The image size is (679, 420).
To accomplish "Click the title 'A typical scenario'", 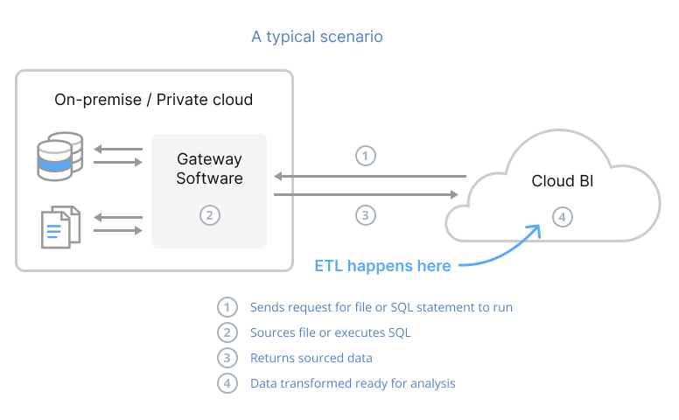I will [317, 37].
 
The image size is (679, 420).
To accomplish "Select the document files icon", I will [59, 226].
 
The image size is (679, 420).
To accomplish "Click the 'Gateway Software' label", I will [209, 169].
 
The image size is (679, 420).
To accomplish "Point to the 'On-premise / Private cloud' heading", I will [153, 100].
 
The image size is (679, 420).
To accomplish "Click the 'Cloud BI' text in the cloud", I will [562, 181].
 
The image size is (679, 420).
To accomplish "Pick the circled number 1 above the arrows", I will [367, 156].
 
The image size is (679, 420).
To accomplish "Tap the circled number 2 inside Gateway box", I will [208, 214].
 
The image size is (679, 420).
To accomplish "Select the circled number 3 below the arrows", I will [367, 214].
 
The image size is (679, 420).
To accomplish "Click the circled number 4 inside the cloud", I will [562, 215].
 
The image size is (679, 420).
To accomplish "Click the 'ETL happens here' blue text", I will [382, 265].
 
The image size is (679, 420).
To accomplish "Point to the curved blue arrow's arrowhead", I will [535, 228].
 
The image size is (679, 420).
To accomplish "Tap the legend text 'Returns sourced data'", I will [311, 358].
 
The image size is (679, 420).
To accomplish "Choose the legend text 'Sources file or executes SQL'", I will [330, 332].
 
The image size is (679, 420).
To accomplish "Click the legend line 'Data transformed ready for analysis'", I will [353, 383].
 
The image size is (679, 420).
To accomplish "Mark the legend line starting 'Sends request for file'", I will [381, 307].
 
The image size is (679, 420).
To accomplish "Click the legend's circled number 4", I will [227, 383].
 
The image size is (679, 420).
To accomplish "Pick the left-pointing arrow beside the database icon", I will [118, 149].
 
